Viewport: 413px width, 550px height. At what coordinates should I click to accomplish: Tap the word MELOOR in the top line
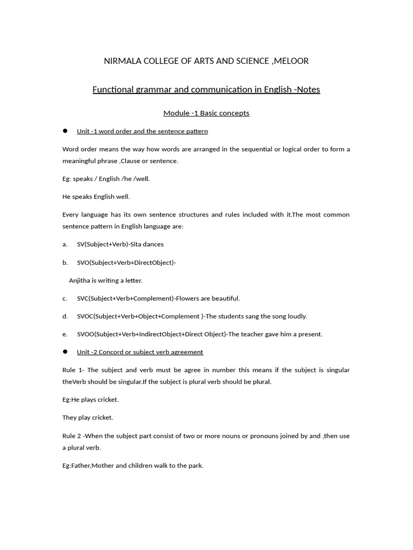pyautogui.click(x=291, y=61)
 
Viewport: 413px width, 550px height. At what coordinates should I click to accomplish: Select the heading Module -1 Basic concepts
pyautogui.click(x=206, y=113)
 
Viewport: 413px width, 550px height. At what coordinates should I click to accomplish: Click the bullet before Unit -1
pyautogui.click(x=65, y=131)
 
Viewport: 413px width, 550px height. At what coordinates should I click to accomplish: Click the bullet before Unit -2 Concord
pyautogui.click(x=65, y=351)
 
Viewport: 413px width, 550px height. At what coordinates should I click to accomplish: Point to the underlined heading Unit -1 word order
pyautogui.click(x=142, y=131)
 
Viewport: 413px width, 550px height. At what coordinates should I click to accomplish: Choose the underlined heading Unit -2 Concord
pyautogui.click(x=140, y=352)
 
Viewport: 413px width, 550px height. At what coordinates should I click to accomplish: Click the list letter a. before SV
pyautogui.click(x=65, y=244)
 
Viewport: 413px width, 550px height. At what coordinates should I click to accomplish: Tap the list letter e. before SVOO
pyautogui.click(x=65, y=334)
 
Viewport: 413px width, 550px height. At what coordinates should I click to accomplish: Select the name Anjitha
pyautogui.click(x=81, y=280)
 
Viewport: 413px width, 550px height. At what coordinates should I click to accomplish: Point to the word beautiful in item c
pyautogui.click(x=226, y=298)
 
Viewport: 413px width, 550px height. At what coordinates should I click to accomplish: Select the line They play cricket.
pyautogui.click(x=88, y=417)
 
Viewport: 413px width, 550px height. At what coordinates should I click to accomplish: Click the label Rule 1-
pyautogui.click(x=74, y=370)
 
